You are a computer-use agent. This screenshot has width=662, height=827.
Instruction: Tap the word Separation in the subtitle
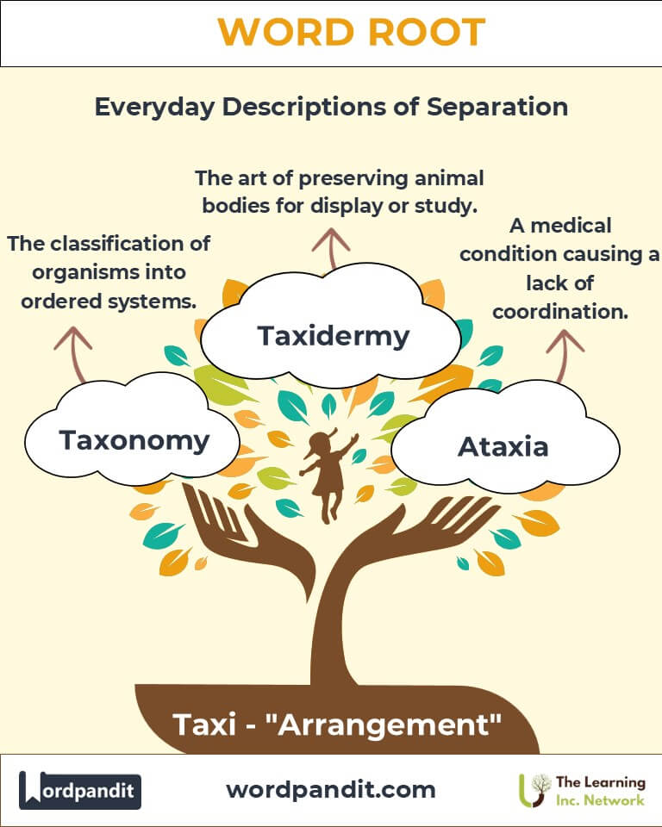(489, 107)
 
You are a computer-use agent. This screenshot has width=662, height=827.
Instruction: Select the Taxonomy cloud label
(134, 440)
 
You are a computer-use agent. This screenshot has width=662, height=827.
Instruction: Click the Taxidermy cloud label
(333, 335)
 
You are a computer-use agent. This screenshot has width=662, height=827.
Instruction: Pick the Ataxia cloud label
(503, 446)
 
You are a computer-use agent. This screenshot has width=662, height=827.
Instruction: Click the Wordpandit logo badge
(80, 789)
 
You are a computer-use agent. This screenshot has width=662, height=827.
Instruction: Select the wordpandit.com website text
(330, 789)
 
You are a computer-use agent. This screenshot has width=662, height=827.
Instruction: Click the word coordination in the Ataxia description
(560, 311)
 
